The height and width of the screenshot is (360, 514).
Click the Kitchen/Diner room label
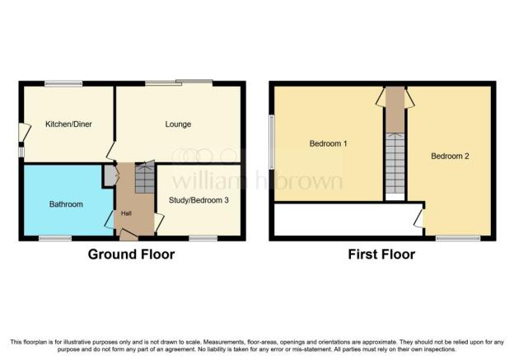(x=68, y=124)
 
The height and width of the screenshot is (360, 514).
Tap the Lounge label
(x=178, y=124)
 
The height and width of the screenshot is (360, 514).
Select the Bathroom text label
(x=66, y=204)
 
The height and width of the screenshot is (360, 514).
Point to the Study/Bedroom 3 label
(x=199, y=200)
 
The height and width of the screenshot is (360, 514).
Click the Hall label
(x=126, y=213)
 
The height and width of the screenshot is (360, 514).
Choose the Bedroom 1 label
(x=328, y=143)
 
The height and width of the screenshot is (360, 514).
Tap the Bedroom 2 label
(x=450, y=156)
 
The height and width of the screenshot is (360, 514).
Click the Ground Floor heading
(x=131, y=255)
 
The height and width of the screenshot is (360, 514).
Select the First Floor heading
(x=381, y=255)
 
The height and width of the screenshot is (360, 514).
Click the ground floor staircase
(x=145, y=179)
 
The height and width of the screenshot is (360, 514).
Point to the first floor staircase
(x=395, y=163)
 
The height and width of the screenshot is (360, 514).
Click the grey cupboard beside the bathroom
(x=109, y=176)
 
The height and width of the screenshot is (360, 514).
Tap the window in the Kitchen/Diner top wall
(x=63, y=83)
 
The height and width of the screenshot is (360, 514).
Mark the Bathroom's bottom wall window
(x=55, y=238)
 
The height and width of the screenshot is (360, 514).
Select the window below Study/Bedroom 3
(x=203, y=238)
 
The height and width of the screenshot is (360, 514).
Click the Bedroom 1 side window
(x=272, y=142)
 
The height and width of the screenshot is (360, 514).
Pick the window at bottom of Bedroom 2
(x=458, y=238)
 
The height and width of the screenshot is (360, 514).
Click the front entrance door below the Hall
(x=128, y=235)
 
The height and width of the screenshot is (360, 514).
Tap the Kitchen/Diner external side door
(x=24, y=133)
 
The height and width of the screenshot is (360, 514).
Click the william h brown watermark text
(x=258, y=180)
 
